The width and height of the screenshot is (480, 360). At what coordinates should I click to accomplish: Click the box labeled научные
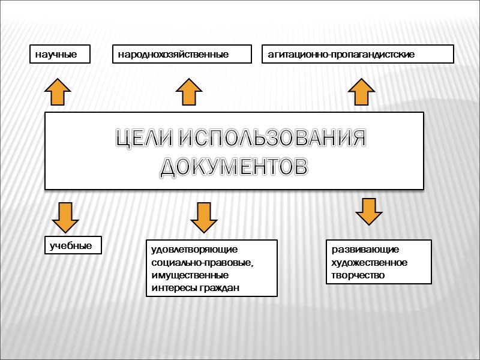pyautogui.click(x=59, y=54)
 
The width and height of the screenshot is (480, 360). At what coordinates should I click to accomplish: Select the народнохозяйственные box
pyautogui.click(x=182, y=54)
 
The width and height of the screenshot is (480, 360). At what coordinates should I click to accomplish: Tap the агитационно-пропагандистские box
pyautogui.click(x=358, y=54)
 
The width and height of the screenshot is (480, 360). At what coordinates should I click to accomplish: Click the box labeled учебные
pyautogui.click(x=73, y=245)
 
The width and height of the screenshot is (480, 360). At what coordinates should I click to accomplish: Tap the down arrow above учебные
pyautogui.click(x=65, y=217)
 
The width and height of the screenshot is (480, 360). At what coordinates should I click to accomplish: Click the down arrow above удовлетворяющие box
pyautogui.click(x=205, y=217)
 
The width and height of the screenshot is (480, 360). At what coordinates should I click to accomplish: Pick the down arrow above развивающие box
pyautogui.click(x=368, y=211)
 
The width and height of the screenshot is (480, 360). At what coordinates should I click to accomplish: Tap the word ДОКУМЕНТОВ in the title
pyautogui.click(x=235, y=166)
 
